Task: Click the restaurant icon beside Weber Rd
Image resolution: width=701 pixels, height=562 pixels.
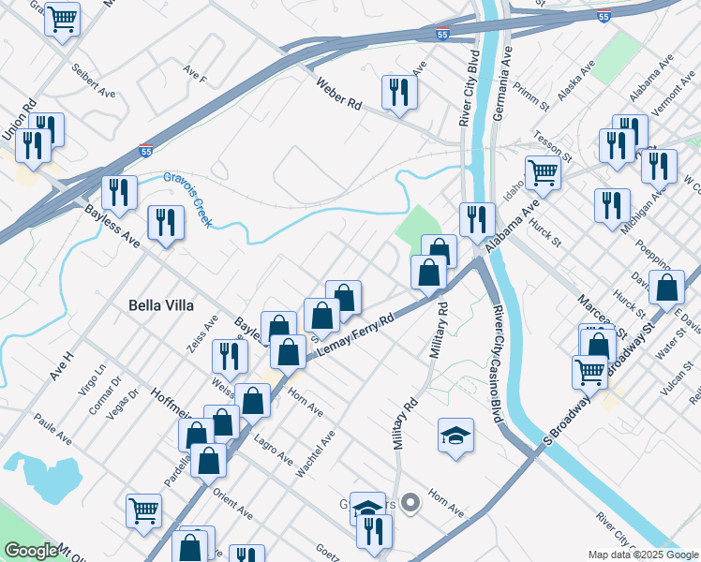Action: [x=399, y=93]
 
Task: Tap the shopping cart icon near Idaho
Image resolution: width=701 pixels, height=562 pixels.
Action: [x=543, y=172]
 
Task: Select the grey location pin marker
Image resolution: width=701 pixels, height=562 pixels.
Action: [x=410, y=504]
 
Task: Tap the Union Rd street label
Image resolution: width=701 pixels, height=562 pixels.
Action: [x=19, y=121]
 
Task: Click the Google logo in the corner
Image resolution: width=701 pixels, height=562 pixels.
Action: [x=31, y=551]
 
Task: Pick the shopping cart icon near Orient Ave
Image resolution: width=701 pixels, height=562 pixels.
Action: [x=143, y=510]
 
